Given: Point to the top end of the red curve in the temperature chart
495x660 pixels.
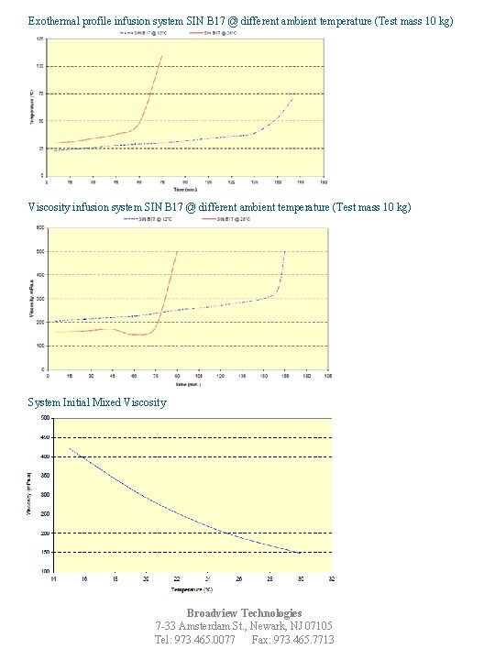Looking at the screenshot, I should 162,56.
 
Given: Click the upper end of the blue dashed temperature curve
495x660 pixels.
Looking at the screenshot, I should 293,95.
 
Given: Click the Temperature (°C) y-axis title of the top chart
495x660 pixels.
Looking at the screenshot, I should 32,105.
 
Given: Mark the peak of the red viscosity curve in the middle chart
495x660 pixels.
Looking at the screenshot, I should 177,251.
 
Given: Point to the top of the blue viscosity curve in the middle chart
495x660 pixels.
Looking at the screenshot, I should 284,251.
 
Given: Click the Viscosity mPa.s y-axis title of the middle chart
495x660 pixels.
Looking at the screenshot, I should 32,298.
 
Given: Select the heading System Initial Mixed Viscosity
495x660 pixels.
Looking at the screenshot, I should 97,401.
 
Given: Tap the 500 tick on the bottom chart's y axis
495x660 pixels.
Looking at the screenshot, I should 45,418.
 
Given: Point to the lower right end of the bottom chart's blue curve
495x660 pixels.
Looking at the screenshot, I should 300,553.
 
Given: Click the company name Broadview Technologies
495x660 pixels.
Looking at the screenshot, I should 245,612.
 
